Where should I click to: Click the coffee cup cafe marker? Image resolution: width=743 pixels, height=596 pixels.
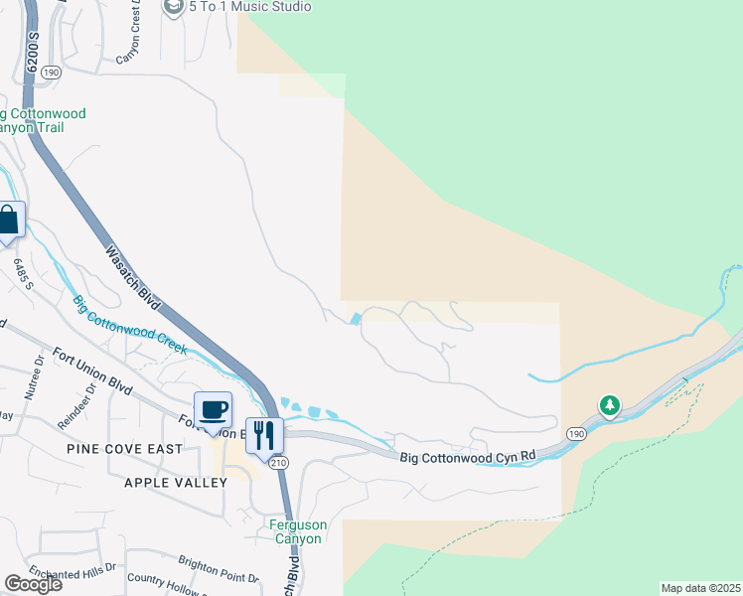click(x=214, y=410)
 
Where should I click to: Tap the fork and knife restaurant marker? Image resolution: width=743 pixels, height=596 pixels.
click(x=264, y=435)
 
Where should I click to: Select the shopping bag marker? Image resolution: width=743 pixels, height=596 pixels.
click(x=8, y=221)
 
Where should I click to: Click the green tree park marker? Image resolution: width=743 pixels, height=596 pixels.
click(x=609, y=405)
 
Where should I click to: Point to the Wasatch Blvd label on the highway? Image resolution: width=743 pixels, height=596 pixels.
click(x=133, y=268)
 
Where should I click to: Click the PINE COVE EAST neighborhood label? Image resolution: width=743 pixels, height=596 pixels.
click(x=125, y=449)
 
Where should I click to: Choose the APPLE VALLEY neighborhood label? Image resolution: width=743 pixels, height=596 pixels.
click(x=176, y=483)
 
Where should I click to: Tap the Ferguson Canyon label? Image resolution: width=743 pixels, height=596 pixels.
click(x=296, y=531)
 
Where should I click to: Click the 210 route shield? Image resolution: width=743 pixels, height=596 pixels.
click(x=278, y=463)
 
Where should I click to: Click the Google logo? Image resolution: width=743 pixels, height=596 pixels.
click(x=33, y=584)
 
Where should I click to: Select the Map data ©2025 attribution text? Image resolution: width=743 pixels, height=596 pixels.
click(x=700, y=588)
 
